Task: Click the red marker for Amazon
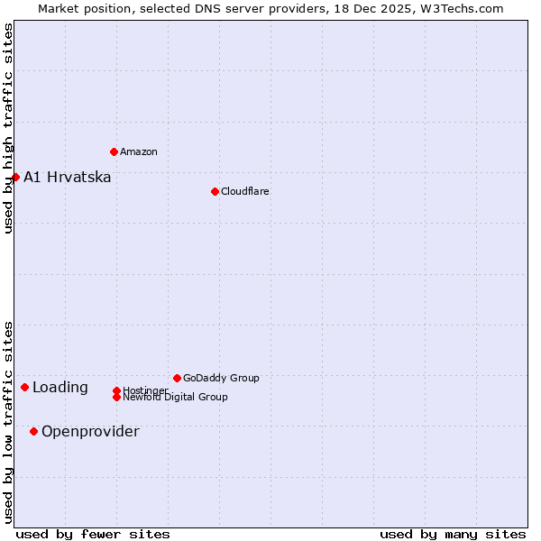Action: [114, 151]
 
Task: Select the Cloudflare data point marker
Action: [215, 191]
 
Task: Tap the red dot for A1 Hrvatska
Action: [15, 177]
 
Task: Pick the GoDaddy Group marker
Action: [177, 378]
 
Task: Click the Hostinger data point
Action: [116, 390]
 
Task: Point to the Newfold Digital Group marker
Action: [116, 397]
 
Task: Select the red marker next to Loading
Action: [24, 387]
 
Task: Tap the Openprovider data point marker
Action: [33, 431]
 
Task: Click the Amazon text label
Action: [139, 151]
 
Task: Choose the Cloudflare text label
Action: [245, 191]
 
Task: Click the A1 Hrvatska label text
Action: [68, 177]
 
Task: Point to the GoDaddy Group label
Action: [221, 378]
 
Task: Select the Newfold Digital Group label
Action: [176, 398]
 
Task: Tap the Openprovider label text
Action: [90, 431]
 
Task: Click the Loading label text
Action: [60, 388]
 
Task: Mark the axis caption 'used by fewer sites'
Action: [93, 534]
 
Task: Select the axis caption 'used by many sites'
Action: [453, 534]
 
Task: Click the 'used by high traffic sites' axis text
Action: [9, 128]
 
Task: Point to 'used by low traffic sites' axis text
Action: [9, 421]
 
